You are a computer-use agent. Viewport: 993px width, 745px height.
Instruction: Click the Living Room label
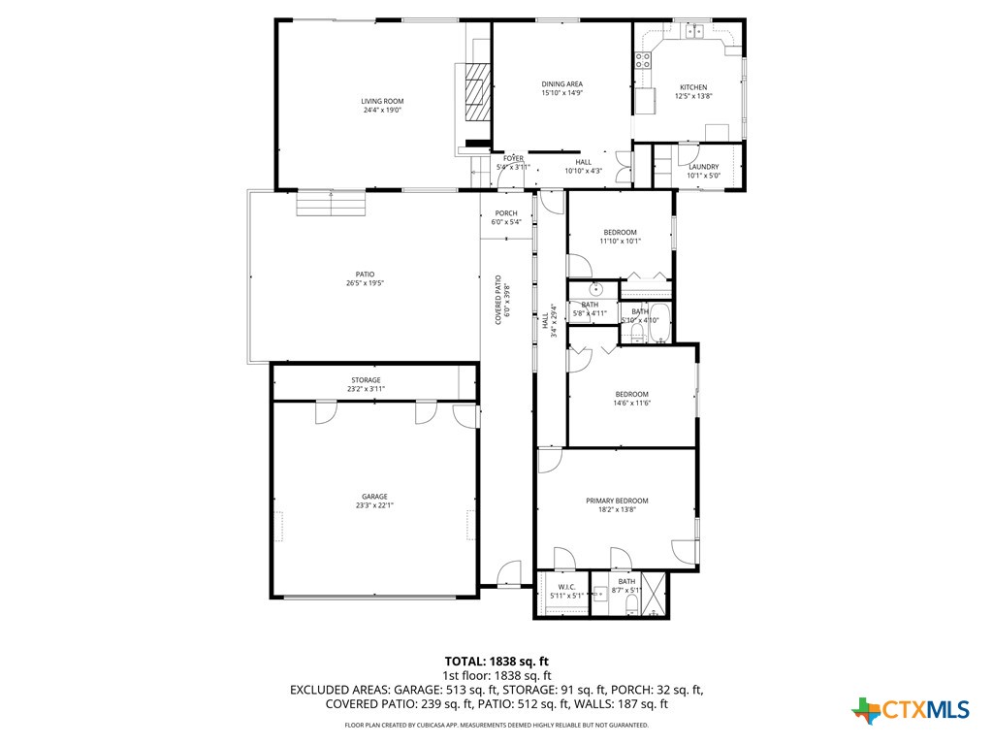pos(382,101)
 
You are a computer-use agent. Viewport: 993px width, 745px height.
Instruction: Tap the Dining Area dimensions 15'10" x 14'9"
pos(561,94)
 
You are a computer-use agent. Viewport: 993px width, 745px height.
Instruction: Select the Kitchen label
pos(693,87)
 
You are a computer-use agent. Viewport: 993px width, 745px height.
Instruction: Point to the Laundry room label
pos(703,167)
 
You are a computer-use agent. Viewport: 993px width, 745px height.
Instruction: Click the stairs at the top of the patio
pos(332,205)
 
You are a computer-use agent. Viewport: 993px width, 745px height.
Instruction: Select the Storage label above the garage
pos(366,380)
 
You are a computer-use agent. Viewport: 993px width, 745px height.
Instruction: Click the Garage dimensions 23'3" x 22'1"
pos(374,505)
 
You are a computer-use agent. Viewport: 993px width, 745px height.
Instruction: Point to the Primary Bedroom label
pos(617,501)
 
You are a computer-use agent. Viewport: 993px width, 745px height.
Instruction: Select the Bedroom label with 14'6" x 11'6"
pos(631,394)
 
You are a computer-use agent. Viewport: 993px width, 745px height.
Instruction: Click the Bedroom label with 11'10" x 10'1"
pos(620,232)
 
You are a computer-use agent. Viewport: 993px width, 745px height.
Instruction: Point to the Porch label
pos(506,213)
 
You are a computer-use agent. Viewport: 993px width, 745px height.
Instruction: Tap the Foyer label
pos(513,158)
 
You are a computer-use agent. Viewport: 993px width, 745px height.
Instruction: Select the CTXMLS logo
pos(911,710)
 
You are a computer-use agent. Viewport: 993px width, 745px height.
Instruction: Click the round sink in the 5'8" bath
pos(594,289)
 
